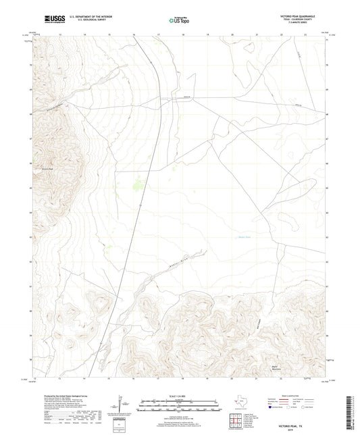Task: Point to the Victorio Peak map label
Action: coord(42,169)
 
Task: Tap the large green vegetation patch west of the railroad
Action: coord(139,181)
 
